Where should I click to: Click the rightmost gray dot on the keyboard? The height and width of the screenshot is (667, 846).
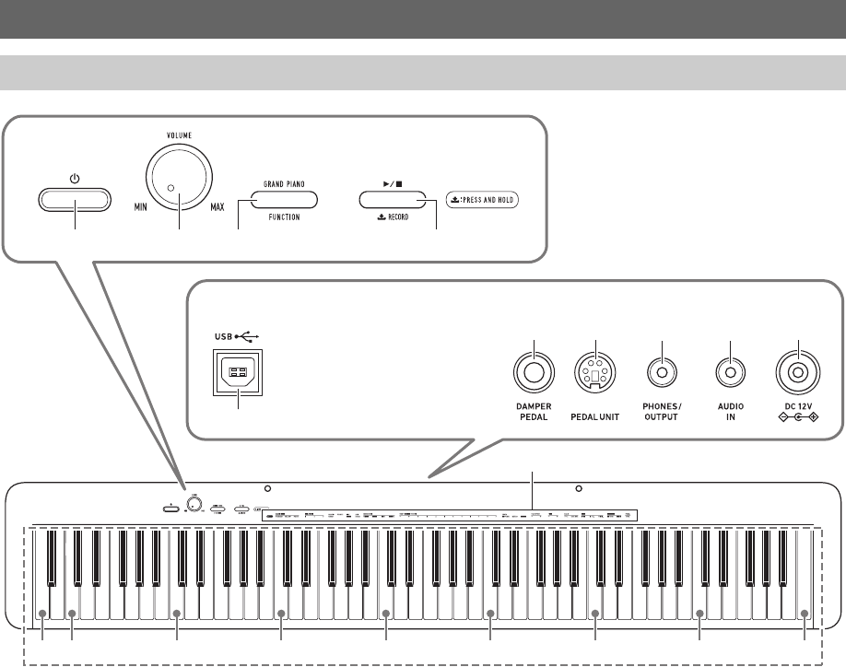805,614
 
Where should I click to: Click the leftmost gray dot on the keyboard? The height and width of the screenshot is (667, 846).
42,614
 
